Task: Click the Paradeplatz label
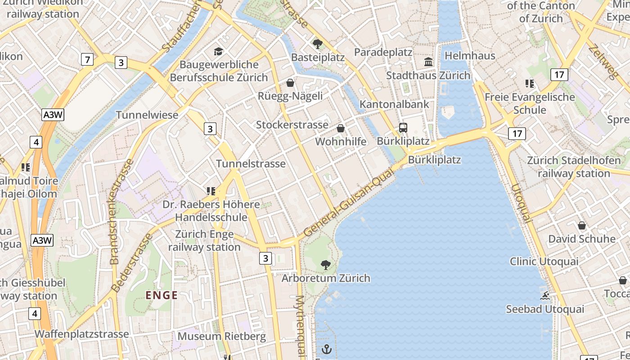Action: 383,52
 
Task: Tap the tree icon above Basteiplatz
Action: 318,44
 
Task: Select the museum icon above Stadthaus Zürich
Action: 428,62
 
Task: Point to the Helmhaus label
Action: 470,56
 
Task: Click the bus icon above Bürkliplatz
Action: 403,128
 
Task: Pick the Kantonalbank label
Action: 395,104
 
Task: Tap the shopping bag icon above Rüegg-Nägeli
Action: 290,83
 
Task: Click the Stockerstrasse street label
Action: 292,125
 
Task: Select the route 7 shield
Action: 87,59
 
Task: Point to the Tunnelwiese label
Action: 147,115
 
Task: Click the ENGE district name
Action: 162,296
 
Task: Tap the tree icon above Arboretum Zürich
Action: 325,265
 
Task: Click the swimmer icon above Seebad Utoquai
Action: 545,296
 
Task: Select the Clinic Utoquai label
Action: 544,261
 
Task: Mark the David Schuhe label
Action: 581,238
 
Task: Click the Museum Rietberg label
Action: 221,336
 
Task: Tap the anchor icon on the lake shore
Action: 327,349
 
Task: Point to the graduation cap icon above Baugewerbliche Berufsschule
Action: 219,51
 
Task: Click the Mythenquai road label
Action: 300,325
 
